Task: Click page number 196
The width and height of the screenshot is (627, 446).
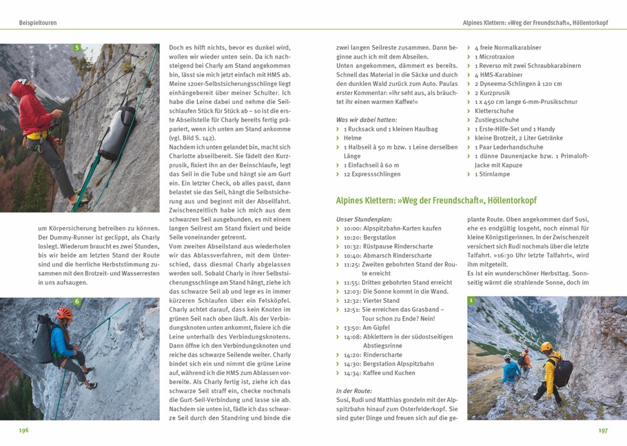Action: (x=23, y=430)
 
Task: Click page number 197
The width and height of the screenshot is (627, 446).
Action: (x=602, y=430)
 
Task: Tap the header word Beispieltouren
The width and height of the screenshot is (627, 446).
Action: (x=38, y=23)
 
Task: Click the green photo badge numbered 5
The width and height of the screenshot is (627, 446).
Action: (x=77, y=48)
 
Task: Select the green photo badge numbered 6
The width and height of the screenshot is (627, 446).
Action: (x=77, y=301)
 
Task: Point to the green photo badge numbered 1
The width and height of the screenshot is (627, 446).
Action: (x=471, y=301)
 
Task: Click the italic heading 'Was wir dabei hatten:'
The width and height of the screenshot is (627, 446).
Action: (x=365, y=120)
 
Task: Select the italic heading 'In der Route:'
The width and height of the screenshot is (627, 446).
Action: (x=354, y=391)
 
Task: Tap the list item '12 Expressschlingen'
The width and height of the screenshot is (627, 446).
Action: (x=371, y=174)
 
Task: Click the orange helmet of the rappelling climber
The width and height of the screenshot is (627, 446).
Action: (x=64, y=313)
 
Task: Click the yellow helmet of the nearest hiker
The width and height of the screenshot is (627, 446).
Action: (x=546, y=346)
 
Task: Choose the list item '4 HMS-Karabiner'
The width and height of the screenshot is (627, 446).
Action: (x=499, y=75)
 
